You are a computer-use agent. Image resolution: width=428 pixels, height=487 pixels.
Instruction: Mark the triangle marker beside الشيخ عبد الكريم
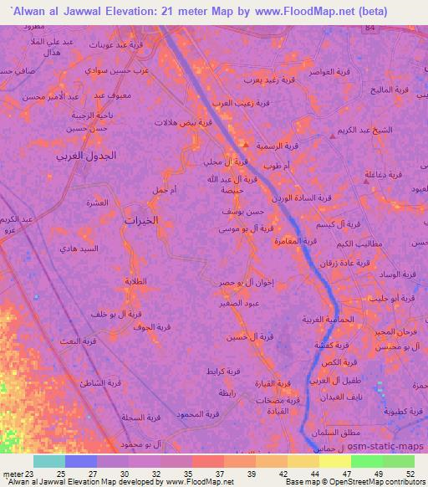pos(335,134)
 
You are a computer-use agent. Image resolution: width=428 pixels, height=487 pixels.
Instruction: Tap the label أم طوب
pos(275,166)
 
